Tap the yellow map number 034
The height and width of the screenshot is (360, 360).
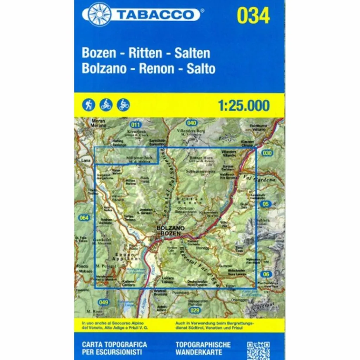253,15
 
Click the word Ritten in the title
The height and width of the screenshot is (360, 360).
146,53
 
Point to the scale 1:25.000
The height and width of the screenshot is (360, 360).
244,105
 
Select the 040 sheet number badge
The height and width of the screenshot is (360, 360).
191,123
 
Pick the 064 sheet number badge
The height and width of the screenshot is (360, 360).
84,218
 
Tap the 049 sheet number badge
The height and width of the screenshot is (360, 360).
103,302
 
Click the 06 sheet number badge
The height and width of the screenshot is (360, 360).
267,274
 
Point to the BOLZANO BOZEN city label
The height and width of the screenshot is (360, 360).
171,231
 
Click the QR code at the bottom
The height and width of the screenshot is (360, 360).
258,350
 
